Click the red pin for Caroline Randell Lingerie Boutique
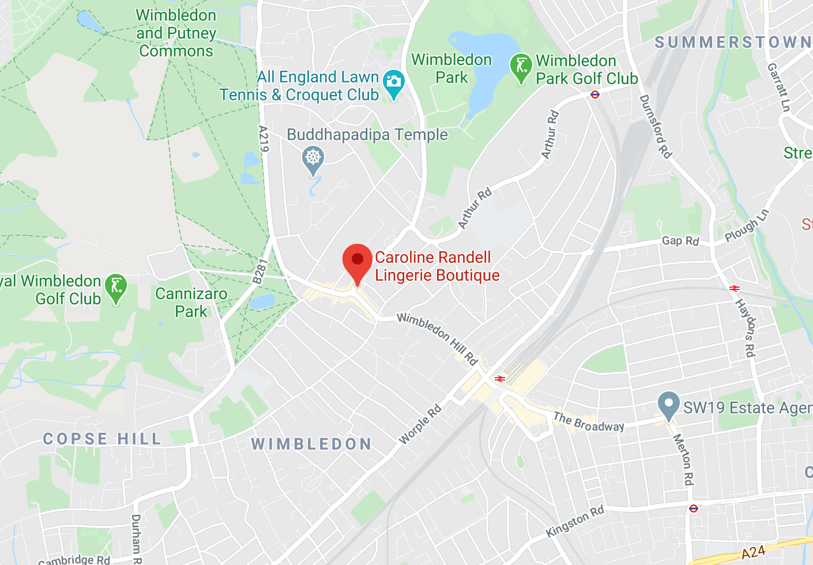(x=357, y=261)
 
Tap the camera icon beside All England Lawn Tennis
(x=394, y=82)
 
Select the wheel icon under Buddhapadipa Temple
(x=313, y=158)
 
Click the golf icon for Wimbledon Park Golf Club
(x=521, y=66)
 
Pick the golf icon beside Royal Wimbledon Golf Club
(x=116, y=287)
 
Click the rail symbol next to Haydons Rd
(x=734, y=288)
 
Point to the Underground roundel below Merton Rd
(x=693, y=508)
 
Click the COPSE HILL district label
(x=102, y=439)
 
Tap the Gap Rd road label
(x=680, y=240)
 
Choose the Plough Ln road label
(x=747, y=225)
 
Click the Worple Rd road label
(x=420, y=424)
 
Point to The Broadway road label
(x=589, y=422)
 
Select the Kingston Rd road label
(x=575, y=521)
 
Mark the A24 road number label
(x=753, y=552)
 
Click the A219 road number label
(x=264, y=139)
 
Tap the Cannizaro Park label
(x=191, y=303)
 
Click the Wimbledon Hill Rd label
(x=438, y=339)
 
